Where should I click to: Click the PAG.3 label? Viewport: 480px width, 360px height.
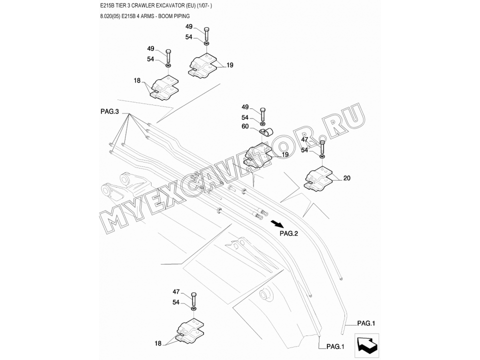coord(109,112)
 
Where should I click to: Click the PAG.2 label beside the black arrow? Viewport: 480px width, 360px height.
coord(289,233)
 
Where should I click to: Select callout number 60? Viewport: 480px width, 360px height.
coord(245,126)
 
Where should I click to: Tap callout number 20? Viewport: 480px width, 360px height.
coord(347,177)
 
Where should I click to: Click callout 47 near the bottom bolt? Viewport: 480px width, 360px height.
coord(176,291)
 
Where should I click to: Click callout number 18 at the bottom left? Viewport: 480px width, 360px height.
coord(158,343)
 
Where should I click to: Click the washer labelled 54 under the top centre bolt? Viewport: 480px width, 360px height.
coord(207,51)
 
